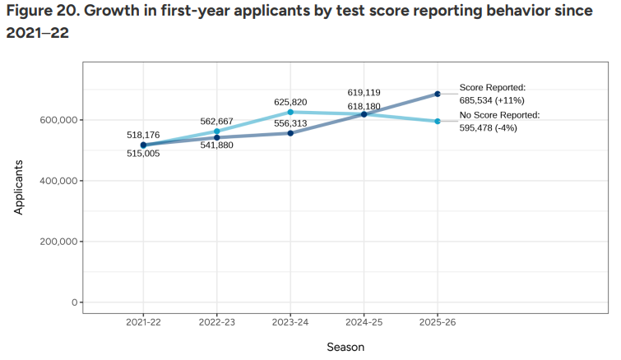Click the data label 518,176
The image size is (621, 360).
pyautogui.click(x=143, y=134)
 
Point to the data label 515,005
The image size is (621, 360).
pyautogui.click(x=143, y=154)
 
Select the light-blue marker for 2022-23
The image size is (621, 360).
pyautogui.click(x=217, y=132)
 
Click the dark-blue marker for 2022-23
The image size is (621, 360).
pyautogui.click(x=217, y=137)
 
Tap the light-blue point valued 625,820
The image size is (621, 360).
pyautogui.click(x=290, y=112)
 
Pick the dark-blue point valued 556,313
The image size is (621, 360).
pyautogui.click(x=290, y=133)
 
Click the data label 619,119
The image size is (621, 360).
pyautogui.click(x=364, y=93)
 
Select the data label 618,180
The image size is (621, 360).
pyautogui.click(x=364, y=106)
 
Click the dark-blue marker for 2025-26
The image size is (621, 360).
pyautogui.click(x=438, y=94)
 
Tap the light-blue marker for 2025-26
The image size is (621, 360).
pyautogui.click(x=438, y=122)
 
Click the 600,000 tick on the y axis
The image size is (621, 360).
pyautogui.click(x=58, y=120)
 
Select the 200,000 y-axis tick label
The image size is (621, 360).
pyautogui.click(x=58, y=242)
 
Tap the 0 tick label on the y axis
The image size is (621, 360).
pyautogui.click(x=74, y=302)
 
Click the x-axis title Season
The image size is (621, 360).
pyautogui.click(x=345, y=347)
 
